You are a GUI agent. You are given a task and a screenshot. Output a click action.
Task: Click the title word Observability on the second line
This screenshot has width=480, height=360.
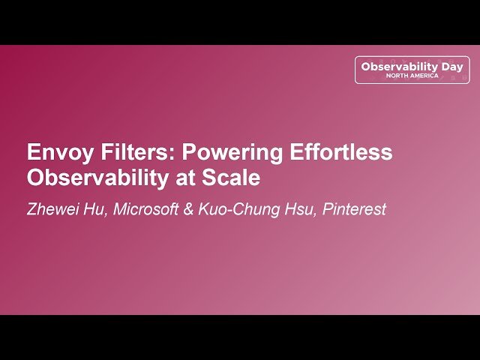pyautogui.click(x=98, y=179)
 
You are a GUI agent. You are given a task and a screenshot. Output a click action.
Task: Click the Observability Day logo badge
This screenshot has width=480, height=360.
pyautogui.click(x=412, y=69)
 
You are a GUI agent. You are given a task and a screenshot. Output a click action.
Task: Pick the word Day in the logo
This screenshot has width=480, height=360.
pyautogui.click(x=451, y=67)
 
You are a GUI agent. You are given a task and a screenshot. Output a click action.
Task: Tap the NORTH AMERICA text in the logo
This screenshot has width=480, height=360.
pyautogui.click(x=412, y=76)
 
